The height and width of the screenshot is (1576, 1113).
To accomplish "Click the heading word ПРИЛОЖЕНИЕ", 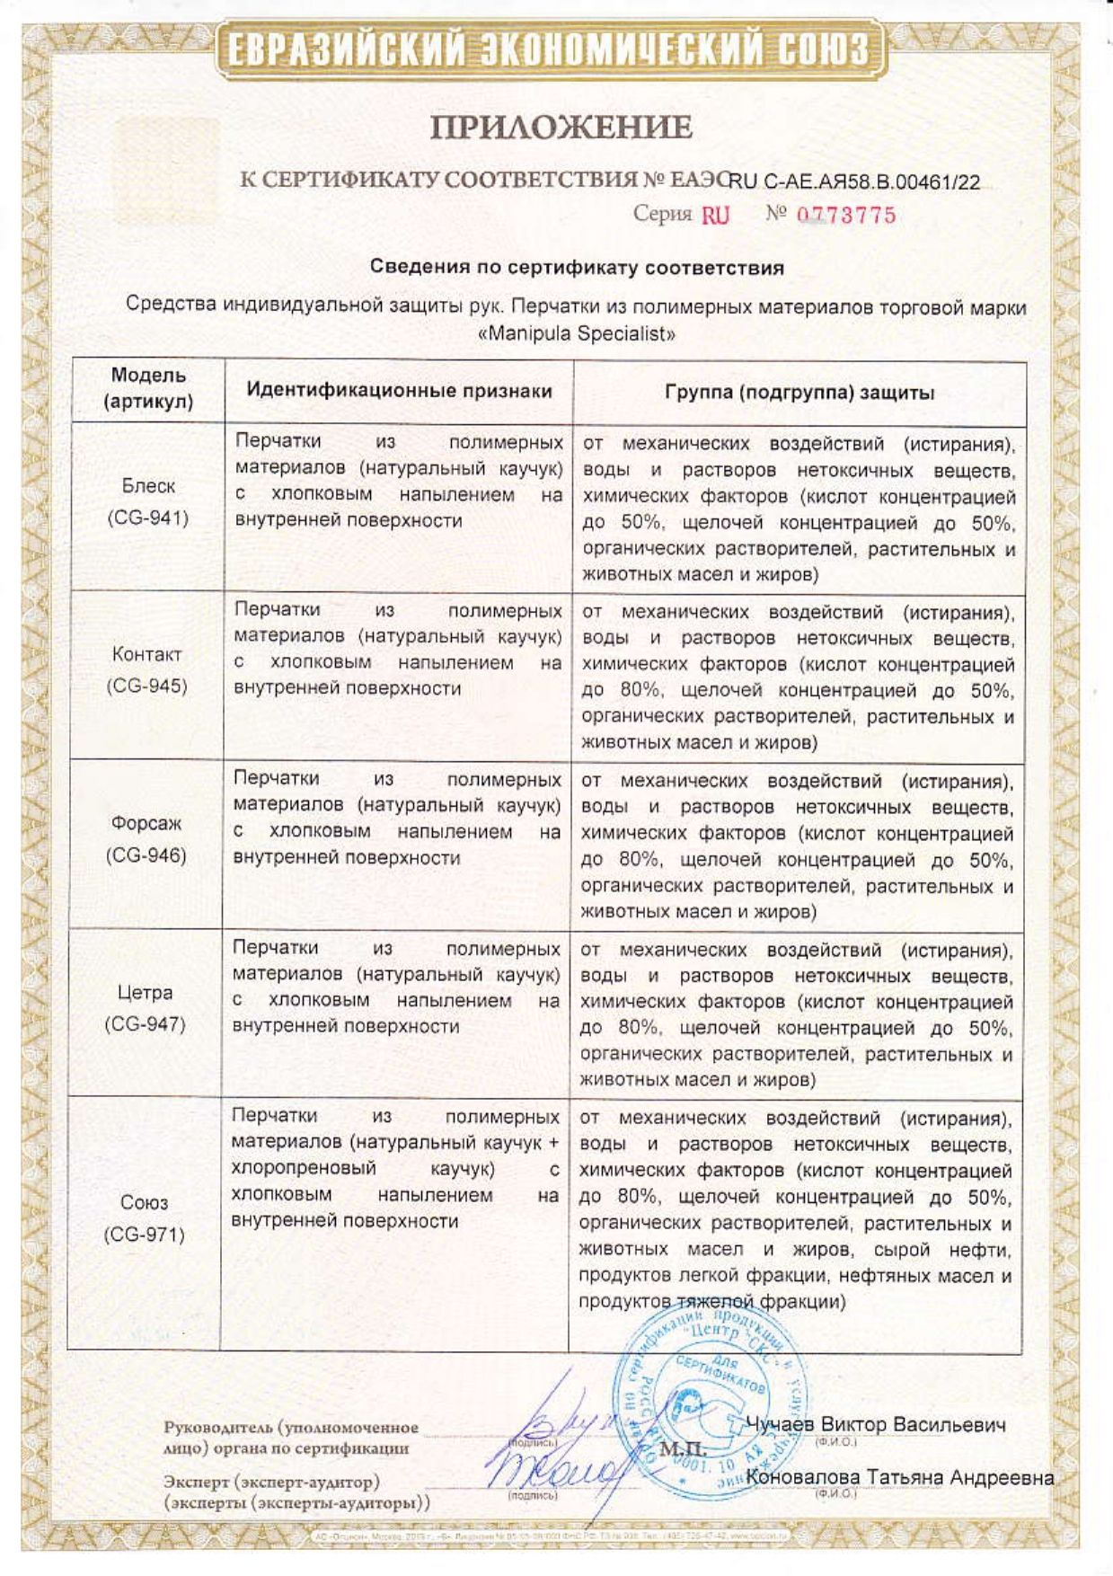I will pyautogui.click(x=561, y=128).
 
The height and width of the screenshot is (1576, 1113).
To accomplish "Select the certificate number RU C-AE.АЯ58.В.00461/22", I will pyautogui.click(x=854, y=182).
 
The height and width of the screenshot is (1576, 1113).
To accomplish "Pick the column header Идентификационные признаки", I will pyautogui.click(x=399, y=391).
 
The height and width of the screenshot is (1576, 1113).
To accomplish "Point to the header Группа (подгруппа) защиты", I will pyautogui.click(x=799, y=393).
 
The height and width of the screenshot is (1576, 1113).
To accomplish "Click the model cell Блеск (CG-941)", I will pyautogui.click(x=148, y=501).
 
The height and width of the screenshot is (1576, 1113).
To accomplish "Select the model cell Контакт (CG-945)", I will pyautogui.click(x=147, y=670).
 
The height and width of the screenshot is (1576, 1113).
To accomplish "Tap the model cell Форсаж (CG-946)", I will pyautogui.click(x=146, y=839).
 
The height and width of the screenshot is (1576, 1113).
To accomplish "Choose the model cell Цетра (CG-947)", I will pyautogui.click(x=146, y=1008).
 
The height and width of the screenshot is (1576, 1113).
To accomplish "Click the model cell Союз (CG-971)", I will pyautogui.click(x=144, y=1218).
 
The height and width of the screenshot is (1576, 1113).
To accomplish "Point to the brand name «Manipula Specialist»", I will pyautogui.click(x=576, y=333).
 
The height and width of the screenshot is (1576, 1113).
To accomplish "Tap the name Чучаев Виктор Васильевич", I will pyautogui.click(x=876, y=1425).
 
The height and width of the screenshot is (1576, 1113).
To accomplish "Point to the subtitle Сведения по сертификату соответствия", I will pyautogui.click(x=578, y=268).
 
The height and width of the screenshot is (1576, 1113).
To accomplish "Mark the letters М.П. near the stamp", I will pyautogui.click(x=684, y=1450).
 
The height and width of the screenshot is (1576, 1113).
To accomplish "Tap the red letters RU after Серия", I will pyautogui.click(x=715, y=215).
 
